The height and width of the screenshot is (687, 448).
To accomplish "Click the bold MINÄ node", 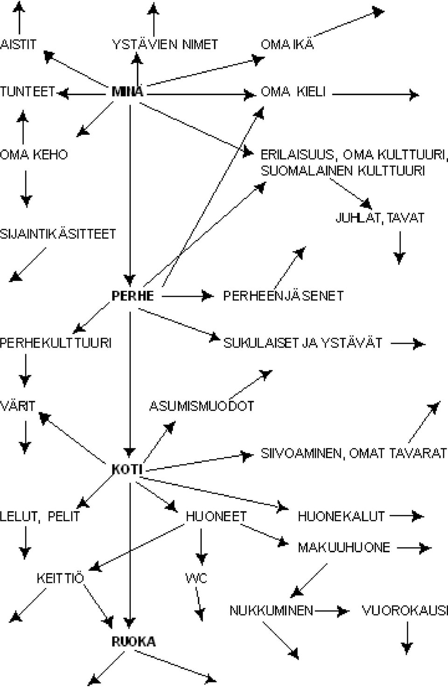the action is (x=127, y=92).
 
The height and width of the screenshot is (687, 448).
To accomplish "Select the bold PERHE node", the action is (x=133, y=296).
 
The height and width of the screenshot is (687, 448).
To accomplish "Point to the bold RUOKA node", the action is (x=133, y=642).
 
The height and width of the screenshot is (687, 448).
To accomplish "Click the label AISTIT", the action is (x=18, y=44).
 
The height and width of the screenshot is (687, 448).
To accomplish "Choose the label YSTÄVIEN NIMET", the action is (x=165, y=44).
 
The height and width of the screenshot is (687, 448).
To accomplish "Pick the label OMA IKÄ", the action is (x=287, y=44).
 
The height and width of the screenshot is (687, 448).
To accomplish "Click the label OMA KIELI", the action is (x=293, y=92).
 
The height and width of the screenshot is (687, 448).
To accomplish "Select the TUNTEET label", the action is (x=28, y=92).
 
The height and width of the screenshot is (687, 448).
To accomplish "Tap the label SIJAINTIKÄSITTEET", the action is (x=58, y=234).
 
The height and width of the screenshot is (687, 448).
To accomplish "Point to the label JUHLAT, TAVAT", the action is (x=380, y=218).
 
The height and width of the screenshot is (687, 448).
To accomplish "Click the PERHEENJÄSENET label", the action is (x=283, y=296).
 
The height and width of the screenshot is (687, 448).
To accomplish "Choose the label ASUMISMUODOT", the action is (x=202, y=406).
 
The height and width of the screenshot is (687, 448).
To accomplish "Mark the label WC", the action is (x=196, y=578).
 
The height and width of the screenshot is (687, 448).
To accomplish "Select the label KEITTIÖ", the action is (x=60, y=578).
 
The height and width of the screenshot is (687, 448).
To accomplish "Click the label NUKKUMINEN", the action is (x=271, y=611).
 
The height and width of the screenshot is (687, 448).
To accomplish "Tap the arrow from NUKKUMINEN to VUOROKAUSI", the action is (x=332, y=611).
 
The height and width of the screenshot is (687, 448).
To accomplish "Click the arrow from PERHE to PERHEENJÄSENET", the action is (x=188, y=296).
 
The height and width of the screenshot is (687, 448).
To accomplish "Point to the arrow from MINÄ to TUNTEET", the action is (x=82, y=94).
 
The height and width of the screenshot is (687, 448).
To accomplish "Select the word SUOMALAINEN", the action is (x=307, y=171).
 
